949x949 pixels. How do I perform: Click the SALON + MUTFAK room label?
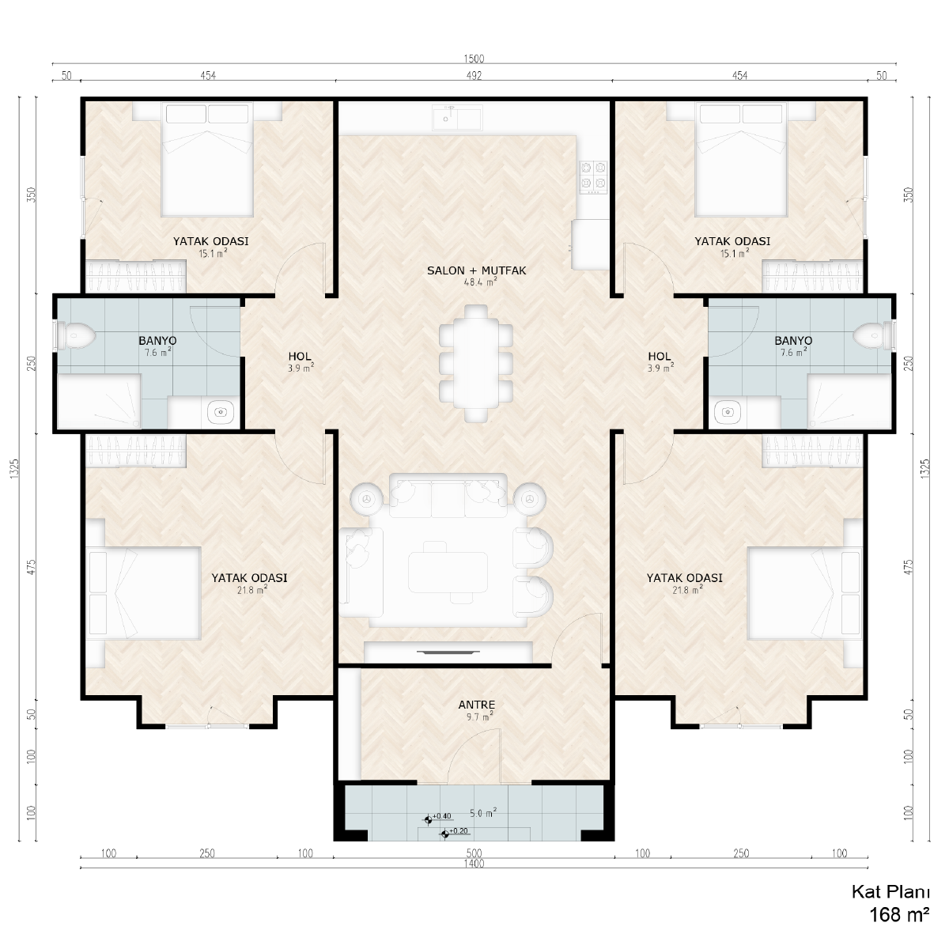[x=476, y=270]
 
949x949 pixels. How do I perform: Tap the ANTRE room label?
[x=476, y=705]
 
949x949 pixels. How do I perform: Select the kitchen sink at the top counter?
[x=457, y=118]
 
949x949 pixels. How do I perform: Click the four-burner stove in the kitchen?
[x=593, y=177]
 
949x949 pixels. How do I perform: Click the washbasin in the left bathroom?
[x=220, y=411]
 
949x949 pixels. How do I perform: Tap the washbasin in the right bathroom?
[x=728, y=411]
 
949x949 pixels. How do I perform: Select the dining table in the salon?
[x=476, y=364]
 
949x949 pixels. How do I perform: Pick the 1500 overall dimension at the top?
[x=474, y=59]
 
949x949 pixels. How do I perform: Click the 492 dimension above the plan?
[x=474, y=75]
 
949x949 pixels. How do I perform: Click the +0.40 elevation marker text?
[x=442, y=816]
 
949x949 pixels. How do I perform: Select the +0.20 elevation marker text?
[x=459, y=831]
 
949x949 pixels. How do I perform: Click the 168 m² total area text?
[x=899, y=914]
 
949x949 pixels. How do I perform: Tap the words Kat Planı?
[x=890, y=892]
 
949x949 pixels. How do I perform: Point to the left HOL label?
[x=300, y=356]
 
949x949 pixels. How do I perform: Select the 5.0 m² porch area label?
[x=482, y=813]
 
